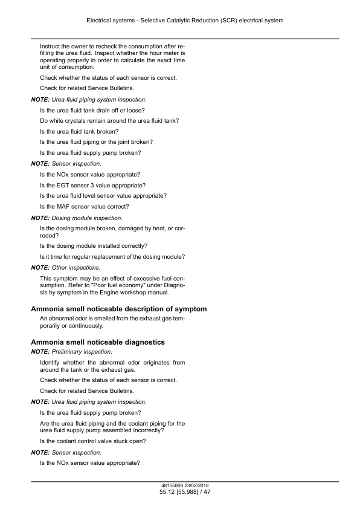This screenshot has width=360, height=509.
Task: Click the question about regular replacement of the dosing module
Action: pos(112,256)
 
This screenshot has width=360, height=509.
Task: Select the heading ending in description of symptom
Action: pos(118,309)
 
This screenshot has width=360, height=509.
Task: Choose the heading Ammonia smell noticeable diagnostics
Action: pos(98,342)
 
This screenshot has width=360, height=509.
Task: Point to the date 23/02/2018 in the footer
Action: pos(198,486)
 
